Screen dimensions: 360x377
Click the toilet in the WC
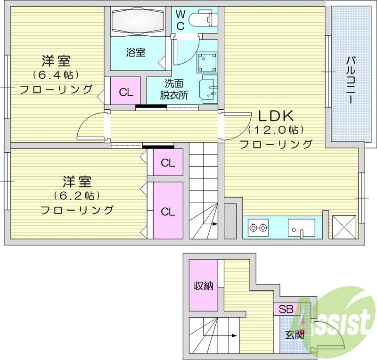click(202, 19)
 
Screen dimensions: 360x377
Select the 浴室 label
click(135, 52)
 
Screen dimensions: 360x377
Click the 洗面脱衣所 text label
click(173, 89)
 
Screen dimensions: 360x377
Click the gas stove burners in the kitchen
click(258, 228)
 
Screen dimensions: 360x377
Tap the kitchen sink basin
click(302, 228)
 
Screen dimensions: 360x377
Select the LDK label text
click(276, 115)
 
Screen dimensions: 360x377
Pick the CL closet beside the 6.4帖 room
click(126, 92)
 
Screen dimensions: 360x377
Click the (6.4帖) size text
click(56, 75)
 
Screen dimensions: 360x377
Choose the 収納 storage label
click(203, 286)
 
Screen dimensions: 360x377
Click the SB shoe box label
click(286, 310)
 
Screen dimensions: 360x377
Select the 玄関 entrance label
click(295, 335)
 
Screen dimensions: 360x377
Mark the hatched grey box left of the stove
click(230, 221)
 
